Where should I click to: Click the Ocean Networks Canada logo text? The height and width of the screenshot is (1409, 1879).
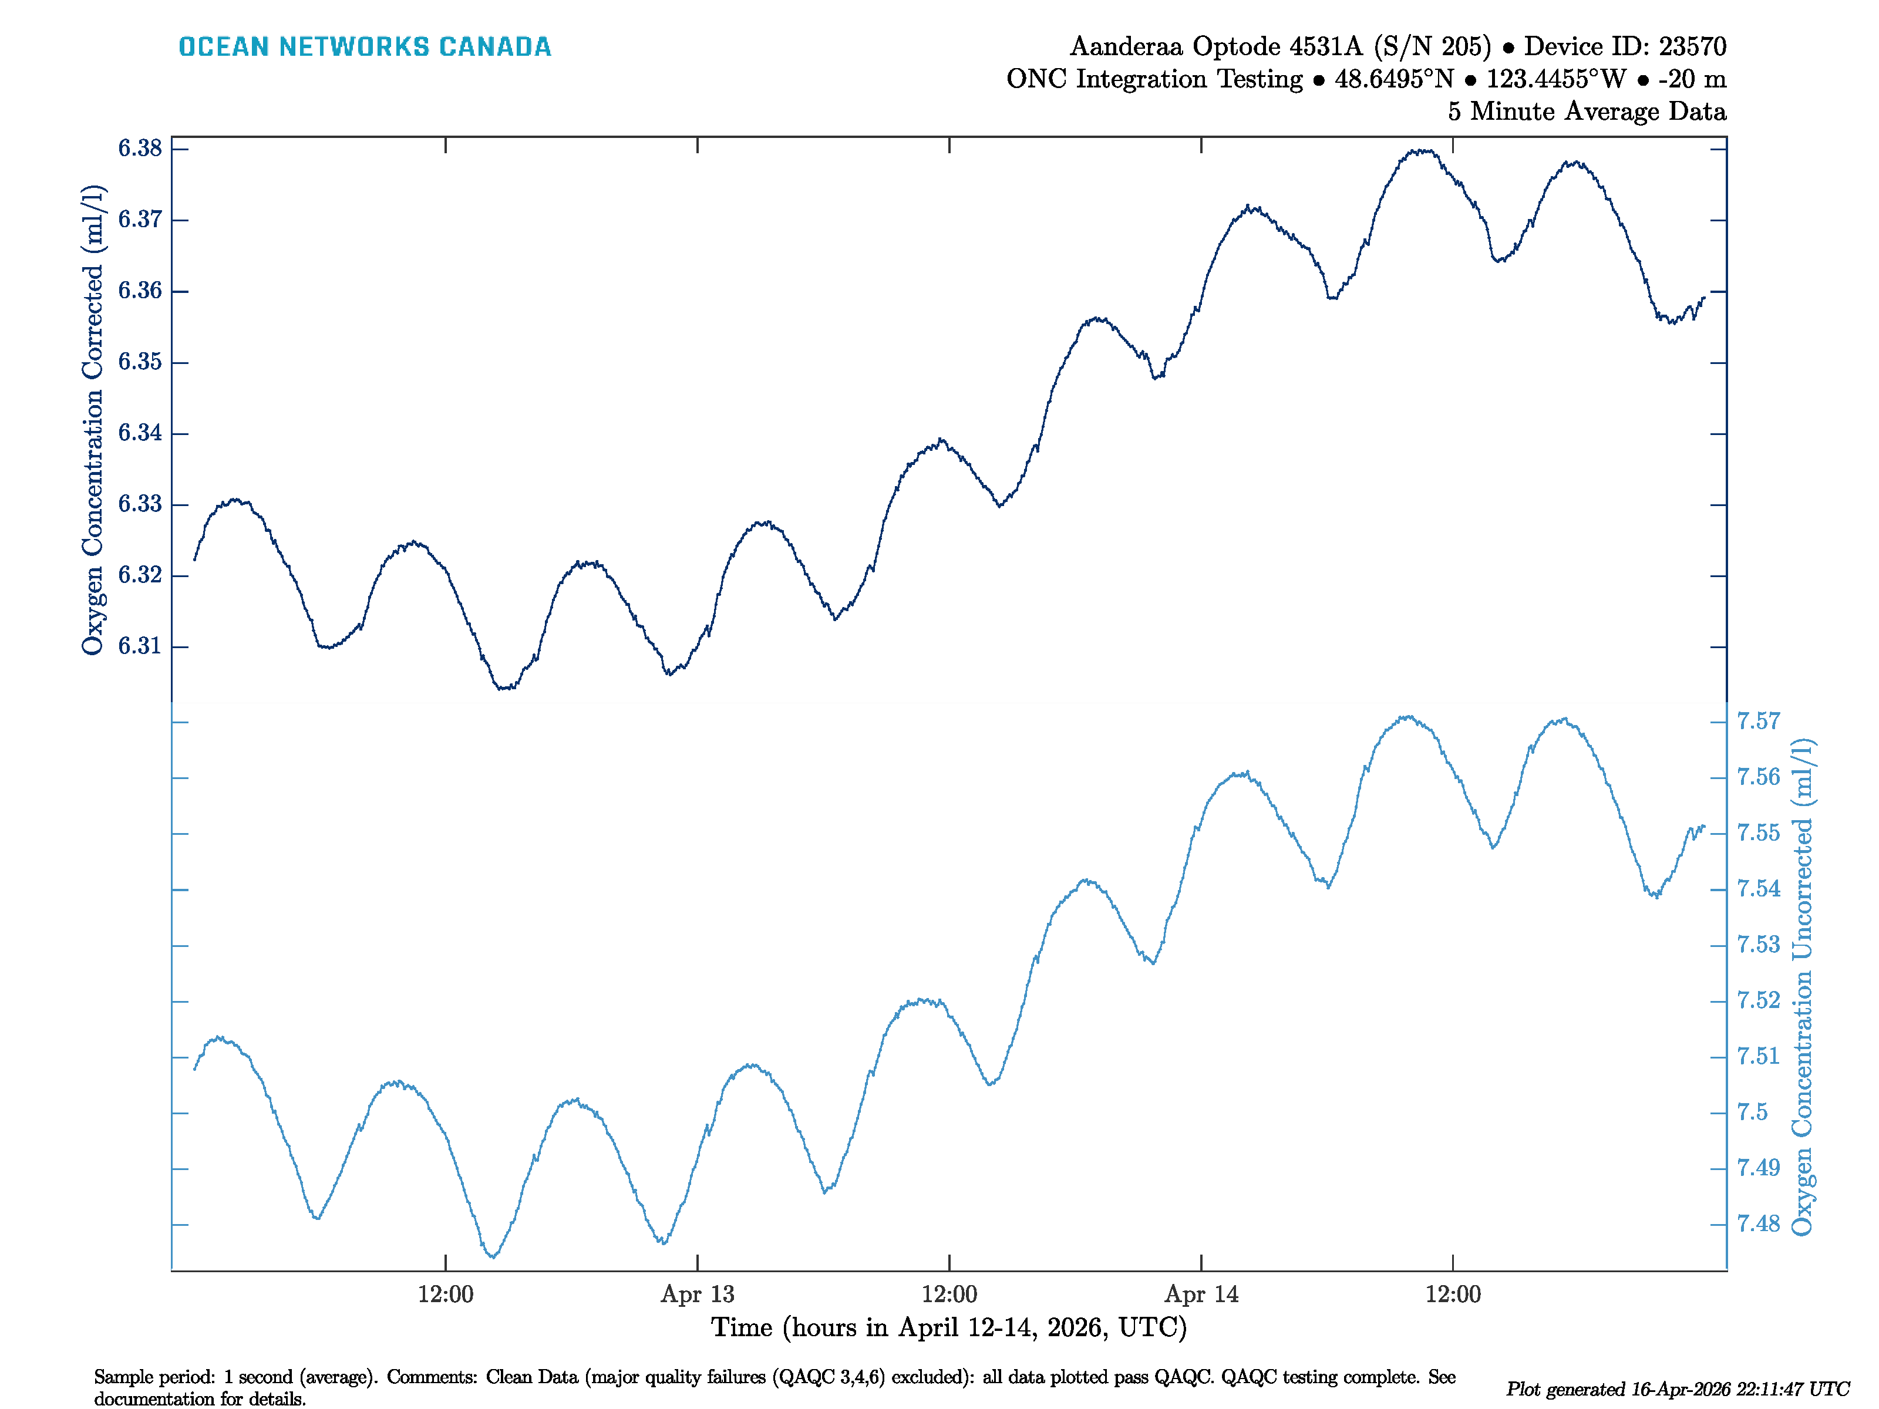[365, 47]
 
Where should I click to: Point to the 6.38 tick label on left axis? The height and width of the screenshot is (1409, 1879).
[139, 149]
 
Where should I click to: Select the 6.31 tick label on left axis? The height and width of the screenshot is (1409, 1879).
[139, 646]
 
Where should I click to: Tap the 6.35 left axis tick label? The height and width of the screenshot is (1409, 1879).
[139, 362]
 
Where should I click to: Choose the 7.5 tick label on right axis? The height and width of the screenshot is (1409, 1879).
[1752, 1113]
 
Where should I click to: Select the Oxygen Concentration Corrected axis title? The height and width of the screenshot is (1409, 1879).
[93, 420]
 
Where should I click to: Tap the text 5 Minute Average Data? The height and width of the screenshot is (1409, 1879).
[1586, 112]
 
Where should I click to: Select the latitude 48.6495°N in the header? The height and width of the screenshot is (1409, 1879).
[1393, 79]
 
